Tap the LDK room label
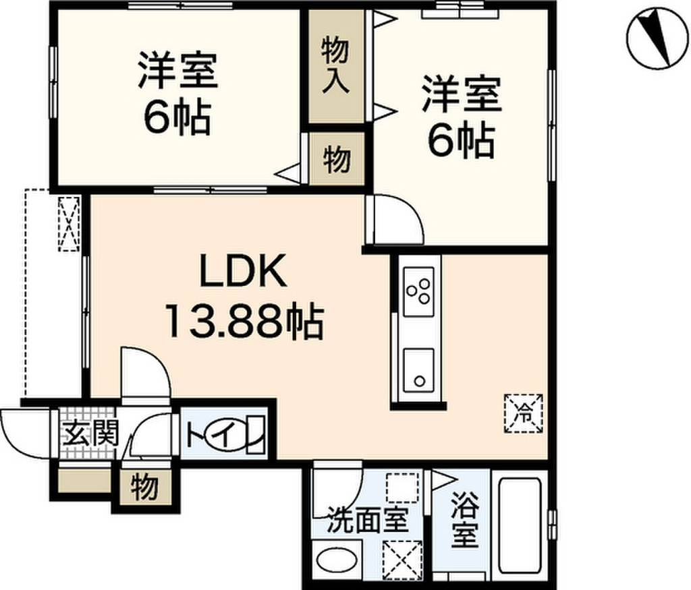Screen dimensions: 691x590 coord(243,271)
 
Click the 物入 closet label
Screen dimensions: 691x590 coord(336,65)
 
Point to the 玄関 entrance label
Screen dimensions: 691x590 coord(91,434)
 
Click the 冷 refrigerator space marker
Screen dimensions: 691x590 coord(524,413)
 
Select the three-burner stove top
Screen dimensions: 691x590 coord(418,291)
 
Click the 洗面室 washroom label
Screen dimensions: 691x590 coord(368,520)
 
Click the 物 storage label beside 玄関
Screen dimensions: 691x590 coord(144,487)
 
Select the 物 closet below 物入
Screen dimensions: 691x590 coord(337,159)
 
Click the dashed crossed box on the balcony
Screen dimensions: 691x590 coord(70,224)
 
